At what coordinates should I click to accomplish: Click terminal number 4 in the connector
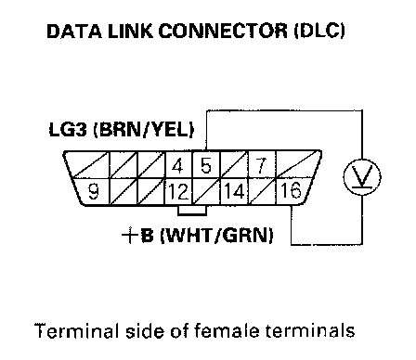[178, 165]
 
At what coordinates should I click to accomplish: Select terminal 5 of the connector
[205, 165]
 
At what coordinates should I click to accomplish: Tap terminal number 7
[262, 165]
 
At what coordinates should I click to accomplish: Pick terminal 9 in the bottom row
[92, 191]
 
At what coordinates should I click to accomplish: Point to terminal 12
[178, 191]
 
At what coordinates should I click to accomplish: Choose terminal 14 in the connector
[234, 191]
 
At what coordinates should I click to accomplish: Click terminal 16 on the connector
[292, 190]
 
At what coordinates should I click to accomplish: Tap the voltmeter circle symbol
[362, 177]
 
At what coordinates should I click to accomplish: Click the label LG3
[68, 129]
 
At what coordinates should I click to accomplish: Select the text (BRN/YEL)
[144, 130]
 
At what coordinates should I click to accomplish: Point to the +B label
[137, 236]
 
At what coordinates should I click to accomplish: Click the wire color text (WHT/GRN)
[216, 236]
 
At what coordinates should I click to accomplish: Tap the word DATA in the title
[74, 31]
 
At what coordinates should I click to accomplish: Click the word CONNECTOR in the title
[223, 31]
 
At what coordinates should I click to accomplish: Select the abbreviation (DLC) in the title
[319, 31]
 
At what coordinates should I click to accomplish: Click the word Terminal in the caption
[76, 330]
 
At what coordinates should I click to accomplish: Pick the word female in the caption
[227, 330]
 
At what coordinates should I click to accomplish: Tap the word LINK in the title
[130, 31]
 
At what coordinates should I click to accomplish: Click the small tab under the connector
[192, 210]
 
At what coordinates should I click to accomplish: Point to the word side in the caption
[145, 330]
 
